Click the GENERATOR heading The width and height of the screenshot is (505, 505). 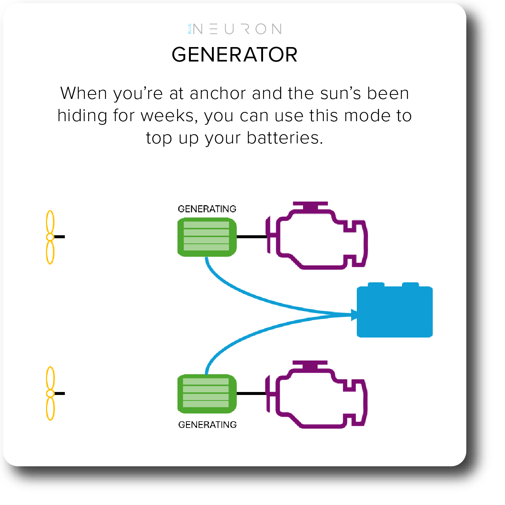coord(234,55)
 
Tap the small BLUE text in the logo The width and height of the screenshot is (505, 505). coord(189,29)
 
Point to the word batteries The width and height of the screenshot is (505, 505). coord(285,138)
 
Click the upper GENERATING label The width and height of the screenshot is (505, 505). coord(207,209)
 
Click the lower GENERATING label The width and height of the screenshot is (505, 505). coord(207,425)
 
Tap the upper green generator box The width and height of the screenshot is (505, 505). coord(207,237)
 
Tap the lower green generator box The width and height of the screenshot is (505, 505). coord(207,393)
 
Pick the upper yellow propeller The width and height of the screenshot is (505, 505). coord(50,237)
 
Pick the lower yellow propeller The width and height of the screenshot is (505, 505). coord(50,393)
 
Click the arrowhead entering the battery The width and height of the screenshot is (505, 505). coord(354,315)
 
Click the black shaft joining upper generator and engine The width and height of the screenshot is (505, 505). coord(252,237)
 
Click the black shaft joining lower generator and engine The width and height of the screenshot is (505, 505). coord(251,393)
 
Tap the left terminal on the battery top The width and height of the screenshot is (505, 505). coord(376,284)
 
